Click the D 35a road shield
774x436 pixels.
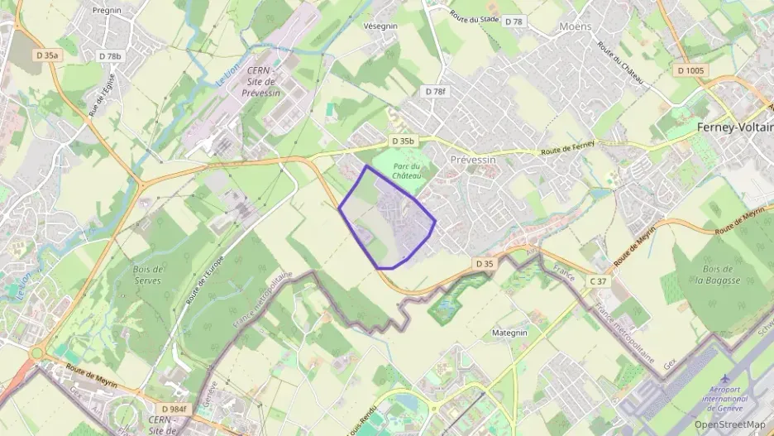[x=48, y=55]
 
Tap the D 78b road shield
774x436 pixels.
[x=109, y=56]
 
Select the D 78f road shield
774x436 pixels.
[x=434, y=91]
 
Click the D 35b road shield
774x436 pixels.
[x=401, y=141]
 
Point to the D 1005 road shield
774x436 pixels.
[x=690, y=70]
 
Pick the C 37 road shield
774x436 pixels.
[x=598, y=281]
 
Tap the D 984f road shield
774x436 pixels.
[x=174, y=409]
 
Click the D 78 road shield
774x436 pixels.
[x=514, y=22]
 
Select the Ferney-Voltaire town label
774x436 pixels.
[x=734, y=127]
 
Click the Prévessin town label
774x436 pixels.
[x=471, y=159]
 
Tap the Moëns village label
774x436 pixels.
[x=575, y=26]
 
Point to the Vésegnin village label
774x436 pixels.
[x=382, y=26]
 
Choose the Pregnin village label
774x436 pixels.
[x=107, y=11]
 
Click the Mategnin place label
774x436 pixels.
[x=509, y=333]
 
